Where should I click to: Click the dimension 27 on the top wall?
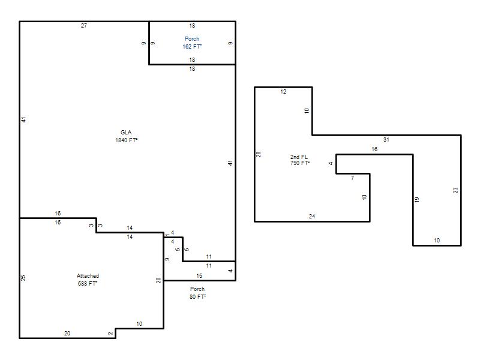tap(84, 26)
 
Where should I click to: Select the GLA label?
tap(126, 132)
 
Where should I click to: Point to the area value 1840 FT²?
tap(127, 140)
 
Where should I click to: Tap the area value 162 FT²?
tap(192, 47)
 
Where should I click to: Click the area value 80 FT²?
tap(198, 296)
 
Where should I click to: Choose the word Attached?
tap(88, 276)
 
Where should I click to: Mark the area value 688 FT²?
tap(88, 283)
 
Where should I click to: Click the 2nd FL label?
tap(299, 157)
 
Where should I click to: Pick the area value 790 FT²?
tap(300, 163)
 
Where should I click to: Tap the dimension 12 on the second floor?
tap(283, 92)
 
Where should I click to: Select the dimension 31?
tap(386, 140)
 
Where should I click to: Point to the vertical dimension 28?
tap(259, 154)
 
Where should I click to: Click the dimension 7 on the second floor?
tap(353, 178)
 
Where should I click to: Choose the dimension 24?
tap(312, 217)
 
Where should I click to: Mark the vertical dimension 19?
tap(416, 200)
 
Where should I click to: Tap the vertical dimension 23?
tap(455, 190)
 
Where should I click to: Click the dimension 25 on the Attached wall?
tap(23, 278)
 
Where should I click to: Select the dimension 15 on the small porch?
tap(199, 276)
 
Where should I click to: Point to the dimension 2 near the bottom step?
tap(111, 334)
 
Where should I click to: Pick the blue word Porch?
tap(192, 39)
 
